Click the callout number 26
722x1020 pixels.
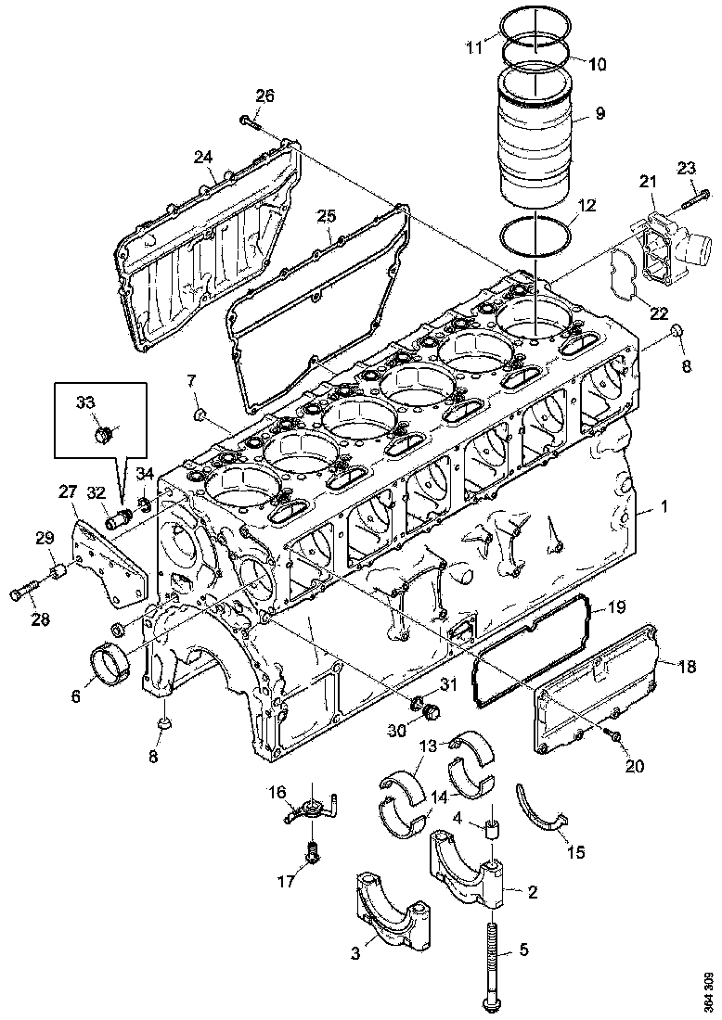pos(265,96)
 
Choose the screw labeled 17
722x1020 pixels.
pos(313,851)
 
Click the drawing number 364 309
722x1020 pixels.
pos(708,990)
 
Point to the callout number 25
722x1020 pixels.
pos(325,216)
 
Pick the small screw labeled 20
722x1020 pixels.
pos(612,734)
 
